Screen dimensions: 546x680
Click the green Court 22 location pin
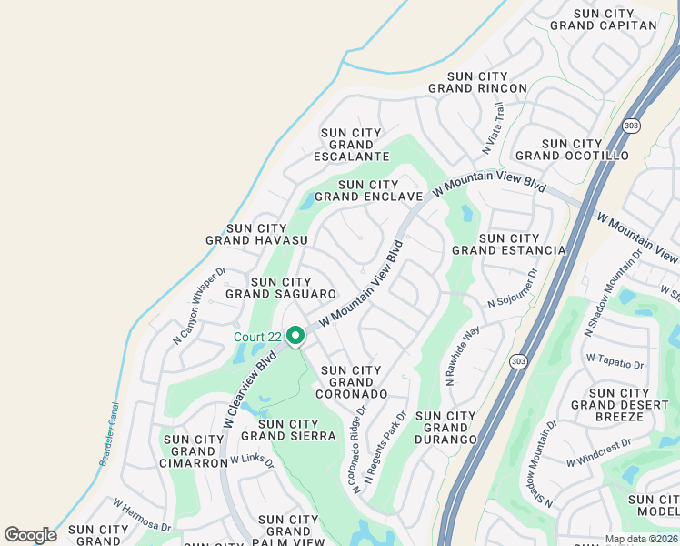[295, 337]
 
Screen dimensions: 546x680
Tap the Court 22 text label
[257, 337]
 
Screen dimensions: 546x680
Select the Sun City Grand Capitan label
[603, 19]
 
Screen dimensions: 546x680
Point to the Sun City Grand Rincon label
[477, 82]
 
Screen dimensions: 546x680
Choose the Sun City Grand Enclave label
[368, 190]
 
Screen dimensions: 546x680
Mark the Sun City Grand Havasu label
[256, 235]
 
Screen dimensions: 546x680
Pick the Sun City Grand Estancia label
[508, 244]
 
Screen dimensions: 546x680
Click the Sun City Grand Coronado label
[351, 382]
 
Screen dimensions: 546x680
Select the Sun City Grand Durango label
[445, 428]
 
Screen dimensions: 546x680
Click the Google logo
[30, 534]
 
